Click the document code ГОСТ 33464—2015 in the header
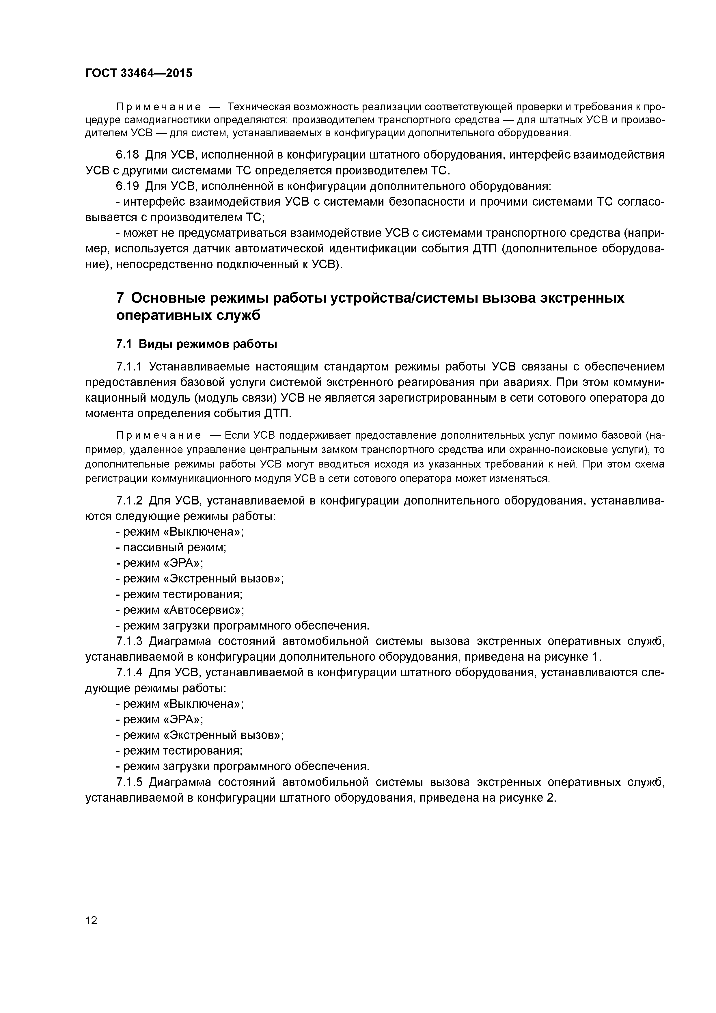[x=139, y=73]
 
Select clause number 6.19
[x=127, y=186]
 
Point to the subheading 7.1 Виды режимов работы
[x=196, y=344]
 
